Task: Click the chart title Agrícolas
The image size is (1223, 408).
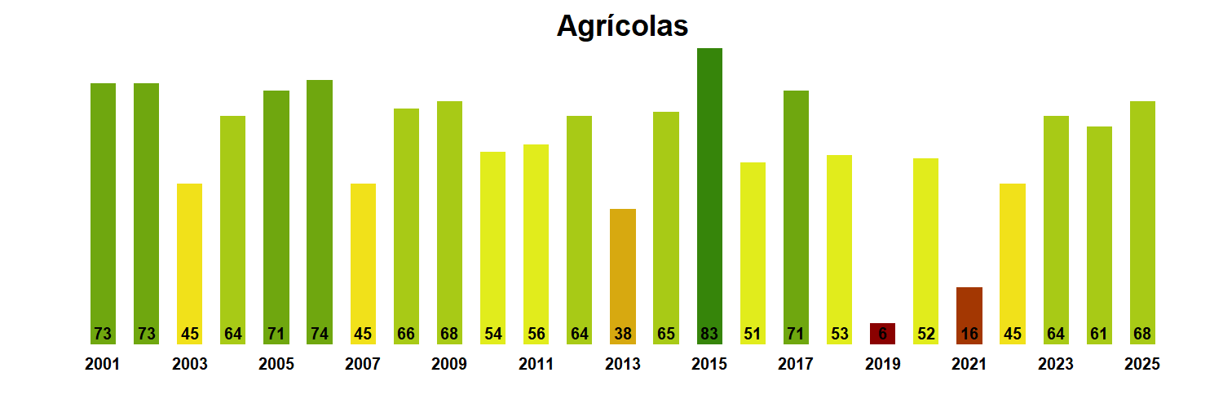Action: pyautogui.click(x=622, y=26)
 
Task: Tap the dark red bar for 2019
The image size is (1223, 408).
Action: pyautogui.click(x=882, y=333)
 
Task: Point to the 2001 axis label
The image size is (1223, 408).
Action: pyautogui.click(x=102, y=365)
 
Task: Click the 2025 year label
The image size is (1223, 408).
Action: pyautogui.click(x=1141, y=365)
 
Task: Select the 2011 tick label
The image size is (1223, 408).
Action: pyautogui.click(x=536, y=365)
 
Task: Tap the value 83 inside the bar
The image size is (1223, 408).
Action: pyautogui.click(x=709, y=334)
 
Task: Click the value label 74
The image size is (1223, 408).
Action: pyautogui.click(x=319, y=334)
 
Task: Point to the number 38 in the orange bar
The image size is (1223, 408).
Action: pyautogui.click(x=622, y=334)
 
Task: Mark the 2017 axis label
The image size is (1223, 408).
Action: pyautogui.click(x=796, y=365)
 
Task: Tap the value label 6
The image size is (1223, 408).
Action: pyautogui.click(x=882, y=334)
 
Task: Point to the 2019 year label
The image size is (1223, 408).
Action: pyautogui.click(x=882, y=365)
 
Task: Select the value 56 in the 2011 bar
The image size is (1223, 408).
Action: pyautogui.click(x=536, y=334)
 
